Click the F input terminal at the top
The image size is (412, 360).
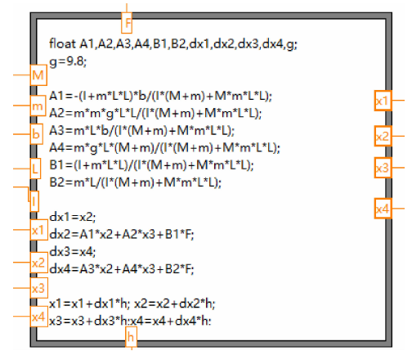point(127,23)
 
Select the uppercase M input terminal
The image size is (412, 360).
point(38,75)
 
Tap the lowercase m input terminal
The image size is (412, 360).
point(38,106)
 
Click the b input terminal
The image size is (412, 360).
point(36,134)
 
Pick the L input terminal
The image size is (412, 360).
point(35,169)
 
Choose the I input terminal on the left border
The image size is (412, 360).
point(34,201)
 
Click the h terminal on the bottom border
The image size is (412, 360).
point(131,337)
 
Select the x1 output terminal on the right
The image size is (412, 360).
point(383,101)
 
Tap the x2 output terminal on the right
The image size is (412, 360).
point(383,136)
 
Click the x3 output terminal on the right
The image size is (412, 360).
point(383,168)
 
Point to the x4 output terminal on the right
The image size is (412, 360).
point(383,209)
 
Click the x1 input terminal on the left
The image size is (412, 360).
point(38,230)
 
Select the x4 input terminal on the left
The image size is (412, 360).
point(38,317)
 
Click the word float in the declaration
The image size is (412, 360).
point(62,43)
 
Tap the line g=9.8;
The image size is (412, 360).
point(68,62)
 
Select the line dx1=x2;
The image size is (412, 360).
point(73,217)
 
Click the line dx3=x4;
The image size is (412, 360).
point(73,251)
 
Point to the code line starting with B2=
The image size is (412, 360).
point(136,182)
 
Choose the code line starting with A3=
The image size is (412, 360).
point(142,131)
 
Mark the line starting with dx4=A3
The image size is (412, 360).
point(122,269)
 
